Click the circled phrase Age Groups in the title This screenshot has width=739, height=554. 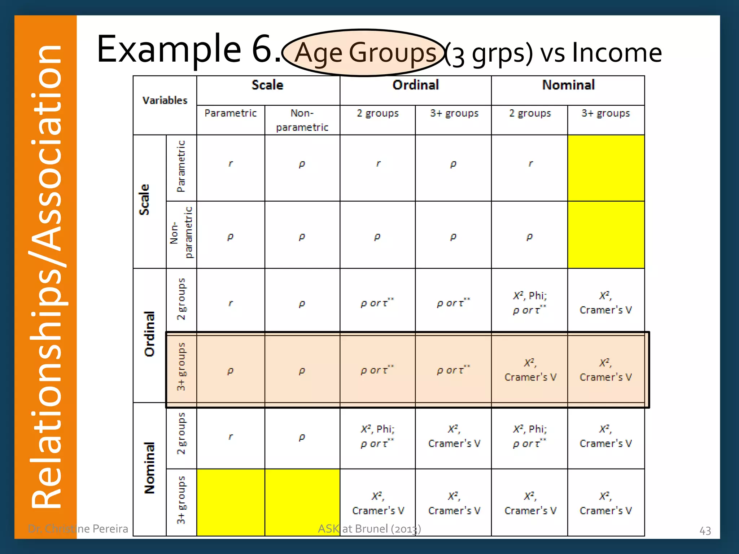coord(364,53)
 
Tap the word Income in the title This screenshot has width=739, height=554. coord(617,53)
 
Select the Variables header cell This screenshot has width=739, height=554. coord(165,100)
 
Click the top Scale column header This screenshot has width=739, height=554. coord(267,85)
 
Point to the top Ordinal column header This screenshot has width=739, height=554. coord(416,85)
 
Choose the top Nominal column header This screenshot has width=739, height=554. coord(568,85)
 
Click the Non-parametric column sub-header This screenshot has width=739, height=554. coord(302,120)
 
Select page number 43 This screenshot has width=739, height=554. coord(705,531)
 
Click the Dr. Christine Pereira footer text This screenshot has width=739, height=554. coord(78,529)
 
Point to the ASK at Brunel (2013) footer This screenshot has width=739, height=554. coord(369,529)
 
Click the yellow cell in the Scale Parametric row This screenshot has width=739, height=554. coord(606,168)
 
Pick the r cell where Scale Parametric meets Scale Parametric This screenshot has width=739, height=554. coord(231,164)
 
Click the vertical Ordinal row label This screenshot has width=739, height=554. coord(149,334)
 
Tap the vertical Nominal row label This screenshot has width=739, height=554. coord(149,467)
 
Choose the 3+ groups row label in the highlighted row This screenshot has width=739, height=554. coord(181,366)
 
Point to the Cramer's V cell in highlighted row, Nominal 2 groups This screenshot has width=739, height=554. coord(530,370)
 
